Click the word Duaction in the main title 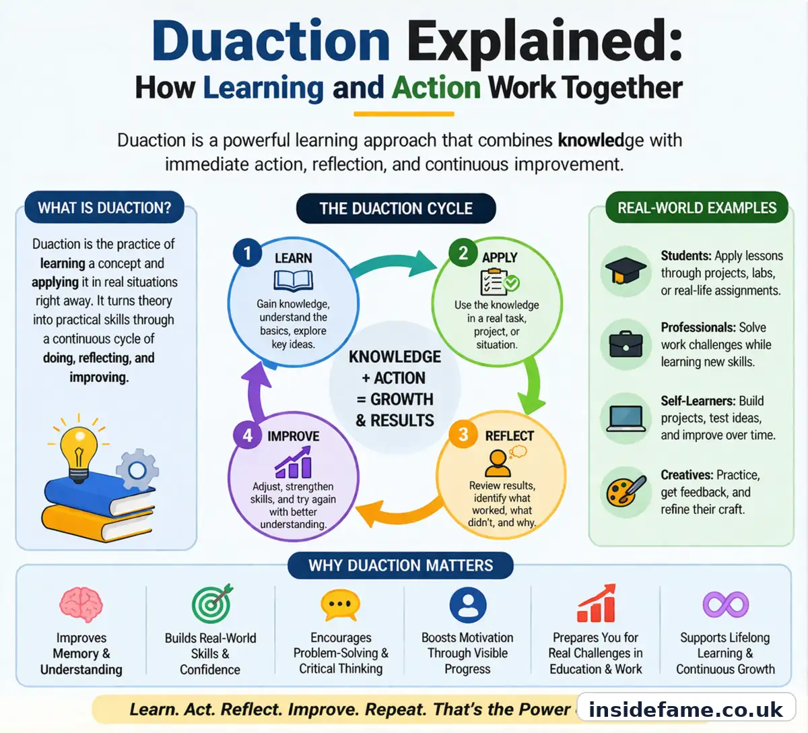(x=271, y=42)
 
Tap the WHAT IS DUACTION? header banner (x=104, y=208)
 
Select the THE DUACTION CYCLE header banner (x=396, y=209)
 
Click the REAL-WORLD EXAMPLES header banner (x=697, y=208)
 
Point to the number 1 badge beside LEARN (x=247, y=253)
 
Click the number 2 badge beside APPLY (x=463, y=253)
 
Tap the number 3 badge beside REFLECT (x=463, y=435)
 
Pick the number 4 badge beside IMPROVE (x=247, y=435)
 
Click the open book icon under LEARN (x=294, y=280)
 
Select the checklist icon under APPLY (x=498, y=281)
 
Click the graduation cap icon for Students (x=626, y=272)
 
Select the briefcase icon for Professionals (x=626, y=344)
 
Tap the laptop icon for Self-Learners (x=626, y=418)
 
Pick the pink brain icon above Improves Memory (x=81, y=604)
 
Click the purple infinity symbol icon (x=725, y=604)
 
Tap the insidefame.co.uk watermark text (x=685, y=709)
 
